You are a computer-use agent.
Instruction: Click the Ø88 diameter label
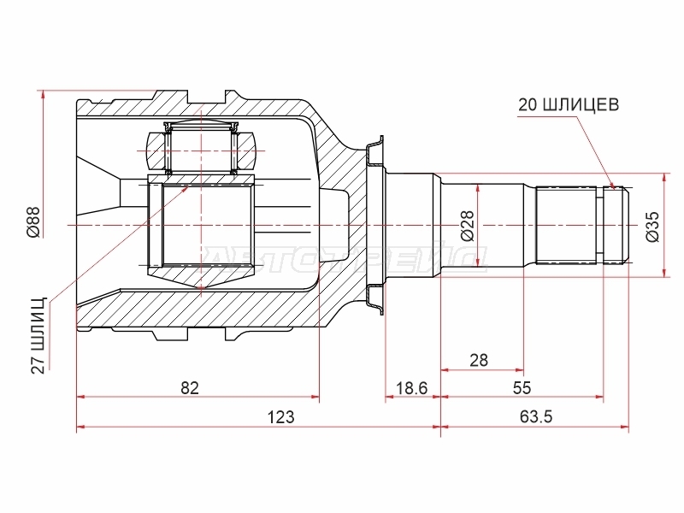[34, 222]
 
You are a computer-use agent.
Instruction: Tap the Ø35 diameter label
[653, 227]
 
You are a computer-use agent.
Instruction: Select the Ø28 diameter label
[467, 226]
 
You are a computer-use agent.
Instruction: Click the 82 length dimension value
[190, 387]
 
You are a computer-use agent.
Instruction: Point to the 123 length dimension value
[280, 417]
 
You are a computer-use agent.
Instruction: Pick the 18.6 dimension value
[411, 387]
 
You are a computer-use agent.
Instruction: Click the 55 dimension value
[522, 387]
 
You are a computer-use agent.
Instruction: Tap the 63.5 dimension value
[536, 417]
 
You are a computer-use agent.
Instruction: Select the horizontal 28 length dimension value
[479, 360]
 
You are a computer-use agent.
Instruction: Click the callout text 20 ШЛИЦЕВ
[569, 104]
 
